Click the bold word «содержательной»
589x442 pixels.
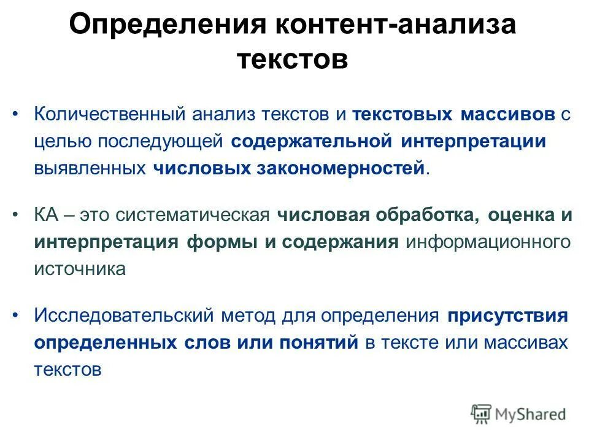[x=312, y=142]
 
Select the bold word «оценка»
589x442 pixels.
[x=522, y=215]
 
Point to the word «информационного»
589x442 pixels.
[x=488, y=242]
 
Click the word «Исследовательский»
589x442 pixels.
[x=123, y=316]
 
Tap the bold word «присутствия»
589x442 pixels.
[x=507, y=316]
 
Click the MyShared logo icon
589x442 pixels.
[x=481, y=414]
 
